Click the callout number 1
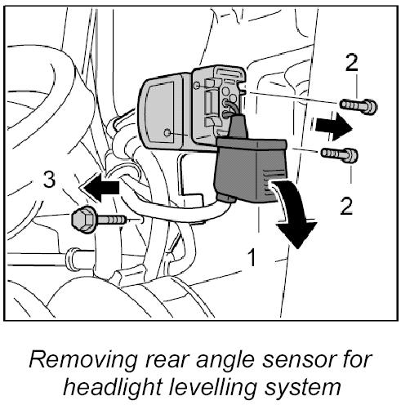click(x=252, y=257)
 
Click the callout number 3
click(x=49, y=180)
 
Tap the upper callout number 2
click(x=351, y=63)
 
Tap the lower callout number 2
click(x=346, y=206)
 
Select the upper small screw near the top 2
click(x=359, y=105)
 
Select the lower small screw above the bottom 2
click(x=340, y=154)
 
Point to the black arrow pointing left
click(x=101, y=187)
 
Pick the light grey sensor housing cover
click(x=163, y=111)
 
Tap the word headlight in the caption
click(x=113, y=387)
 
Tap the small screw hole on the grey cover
click(x=167, y=133)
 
